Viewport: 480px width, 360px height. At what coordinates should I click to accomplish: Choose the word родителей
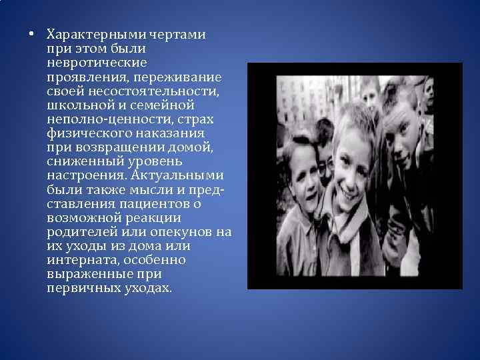pos(82,232)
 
